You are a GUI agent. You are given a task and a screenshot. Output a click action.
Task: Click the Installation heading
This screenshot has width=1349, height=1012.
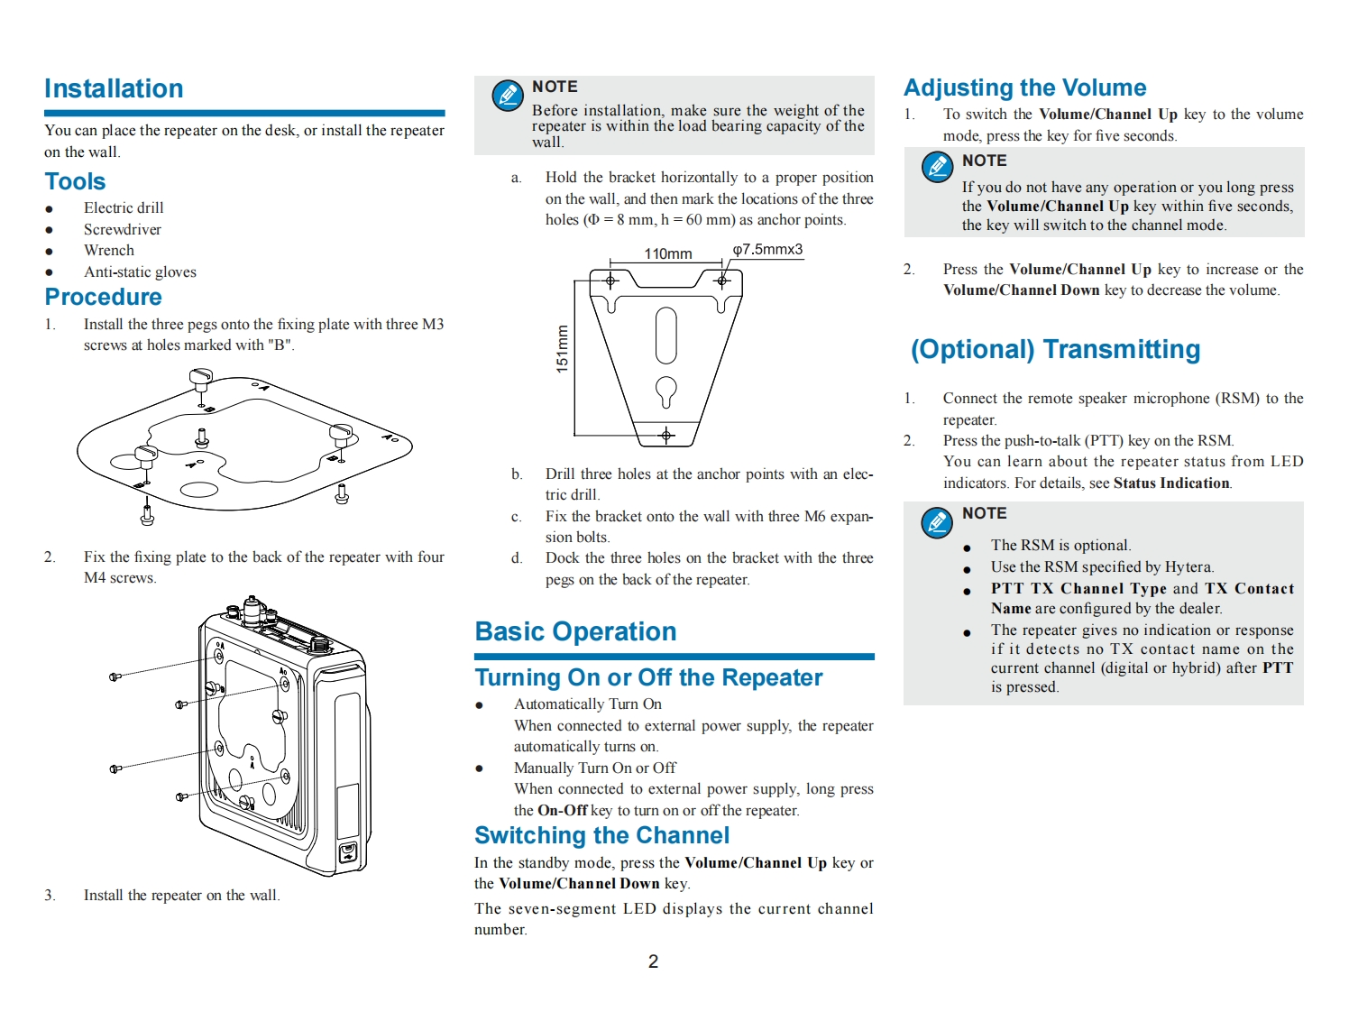[114, 88]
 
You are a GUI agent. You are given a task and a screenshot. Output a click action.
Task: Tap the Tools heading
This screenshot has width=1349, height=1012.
[75, 181]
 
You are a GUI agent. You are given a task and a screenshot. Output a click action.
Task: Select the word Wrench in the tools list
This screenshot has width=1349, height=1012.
[108, 251]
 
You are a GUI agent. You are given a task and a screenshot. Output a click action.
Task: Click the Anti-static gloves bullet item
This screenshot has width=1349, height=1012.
[140, 272]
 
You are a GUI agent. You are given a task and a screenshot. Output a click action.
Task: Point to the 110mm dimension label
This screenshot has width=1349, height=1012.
[667, 253]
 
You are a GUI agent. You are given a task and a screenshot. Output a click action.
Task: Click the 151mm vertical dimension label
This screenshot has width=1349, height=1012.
[563, 348]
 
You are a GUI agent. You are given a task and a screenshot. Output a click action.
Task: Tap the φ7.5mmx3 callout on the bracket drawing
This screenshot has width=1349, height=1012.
[767, 250]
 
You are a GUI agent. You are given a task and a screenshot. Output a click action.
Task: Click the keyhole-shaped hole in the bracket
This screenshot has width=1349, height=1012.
[665, 391]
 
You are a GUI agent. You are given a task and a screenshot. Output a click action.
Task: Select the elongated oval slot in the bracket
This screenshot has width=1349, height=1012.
[665, 334]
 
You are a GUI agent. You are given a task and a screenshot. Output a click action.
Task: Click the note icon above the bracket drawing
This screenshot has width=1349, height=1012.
[507, 95]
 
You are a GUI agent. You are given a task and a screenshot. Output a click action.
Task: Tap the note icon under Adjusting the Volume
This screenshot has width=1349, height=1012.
[937, 167]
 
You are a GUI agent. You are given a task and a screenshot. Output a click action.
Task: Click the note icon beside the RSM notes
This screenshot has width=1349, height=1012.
[937, 521]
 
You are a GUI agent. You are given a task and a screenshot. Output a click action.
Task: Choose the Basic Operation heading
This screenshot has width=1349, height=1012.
[575, 631]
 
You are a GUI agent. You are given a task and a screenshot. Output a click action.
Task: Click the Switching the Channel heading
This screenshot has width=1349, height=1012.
[601, 835]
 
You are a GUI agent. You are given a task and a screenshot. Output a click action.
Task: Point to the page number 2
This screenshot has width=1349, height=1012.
[653, 961]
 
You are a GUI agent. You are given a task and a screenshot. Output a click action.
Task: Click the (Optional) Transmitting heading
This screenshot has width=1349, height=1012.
[1055, 350]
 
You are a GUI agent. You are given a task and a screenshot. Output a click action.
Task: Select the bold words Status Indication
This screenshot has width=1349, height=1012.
[1171, 483]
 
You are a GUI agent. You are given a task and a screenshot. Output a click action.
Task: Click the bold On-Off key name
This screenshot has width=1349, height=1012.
[562, 811]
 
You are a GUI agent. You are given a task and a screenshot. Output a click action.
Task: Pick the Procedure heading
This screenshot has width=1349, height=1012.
[103, 297]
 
